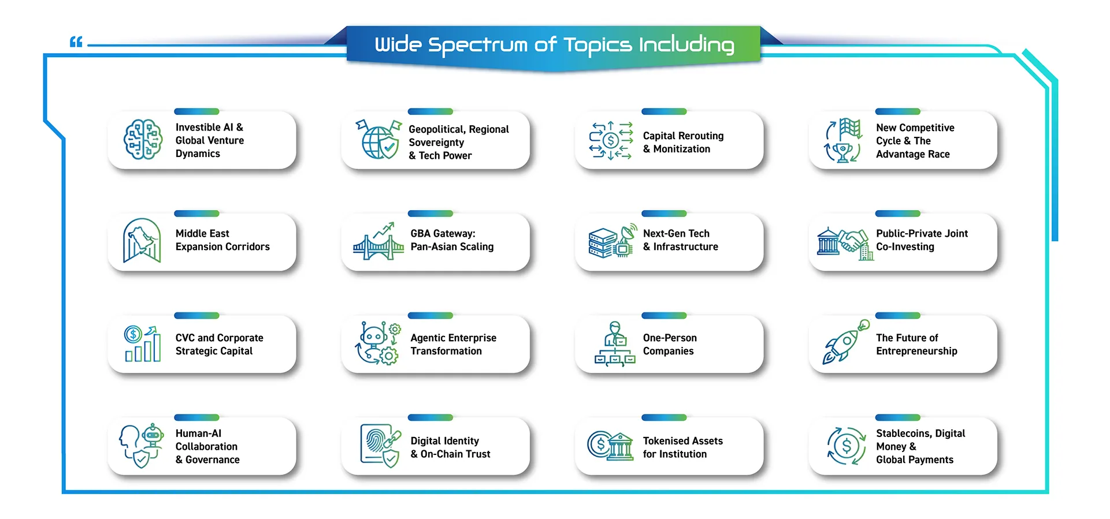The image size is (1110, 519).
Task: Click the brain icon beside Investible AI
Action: (143, 140)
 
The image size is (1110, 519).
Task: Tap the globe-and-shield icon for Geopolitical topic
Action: (378, 139)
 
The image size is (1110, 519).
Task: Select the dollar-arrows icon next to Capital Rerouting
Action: (611, 140)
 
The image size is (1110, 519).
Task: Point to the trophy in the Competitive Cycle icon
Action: (843, 152)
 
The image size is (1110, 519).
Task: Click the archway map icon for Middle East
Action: (142, 241)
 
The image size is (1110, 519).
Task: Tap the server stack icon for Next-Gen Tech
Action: (603, 243)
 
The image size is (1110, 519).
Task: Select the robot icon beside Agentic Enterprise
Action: (374, 337)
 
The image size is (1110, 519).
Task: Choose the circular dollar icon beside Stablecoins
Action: (847, 446)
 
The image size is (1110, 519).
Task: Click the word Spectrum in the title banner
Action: (477, 45)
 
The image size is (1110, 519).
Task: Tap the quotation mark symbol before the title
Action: (76, 42)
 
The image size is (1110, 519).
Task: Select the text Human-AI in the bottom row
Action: (198, 433)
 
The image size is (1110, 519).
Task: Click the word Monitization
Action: (682, 149)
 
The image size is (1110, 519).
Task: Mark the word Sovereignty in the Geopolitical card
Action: (436, 143)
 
